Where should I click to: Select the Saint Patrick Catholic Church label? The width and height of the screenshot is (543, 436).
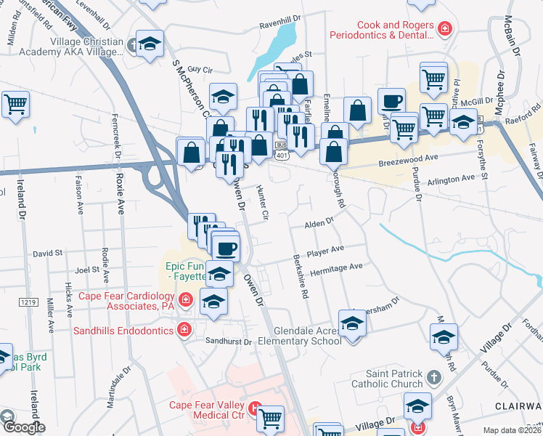click(387, 378)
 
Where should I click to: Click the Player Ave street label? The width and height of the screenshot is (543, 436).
click(324, 251)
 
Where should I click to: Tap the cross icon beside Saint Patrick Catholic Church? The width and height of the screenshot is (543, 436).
click(433, 377)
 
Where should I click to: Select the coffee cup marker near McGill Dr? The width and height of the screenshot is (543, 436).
click(391, 102)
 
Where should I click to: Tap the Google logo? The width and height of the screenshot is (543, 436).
click(23, 427)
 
